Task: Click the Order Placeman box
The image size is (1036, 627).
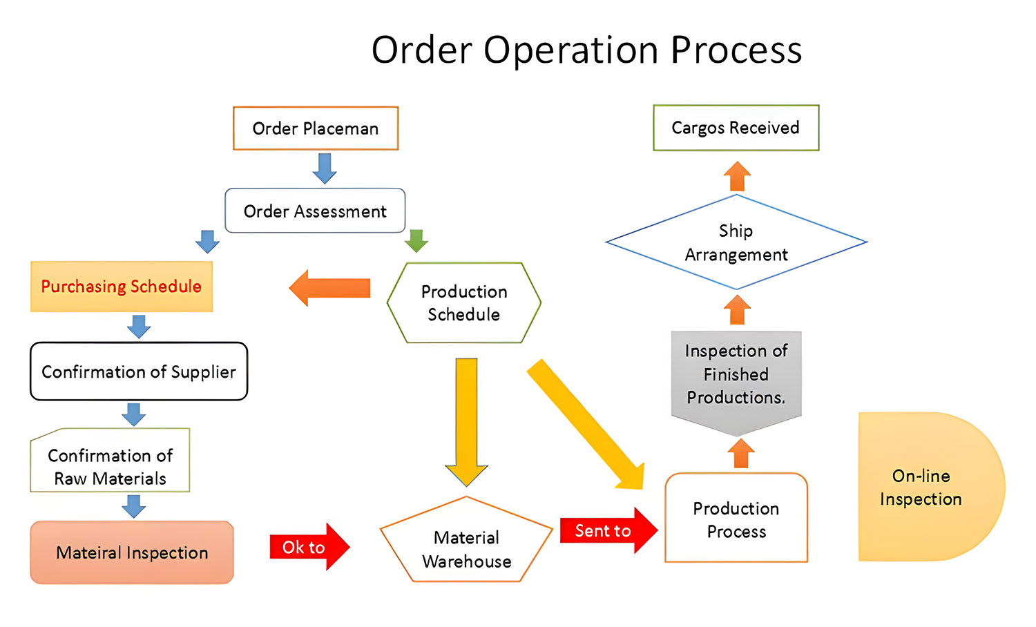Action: tap(316, 128)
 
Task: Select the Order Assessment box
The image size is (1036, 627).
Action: tap(315, 211)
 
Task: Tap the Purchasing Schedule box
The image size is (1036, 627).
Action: tap(122, 287)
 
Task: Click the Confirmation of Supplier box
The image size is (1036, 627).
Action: tap(139, 372)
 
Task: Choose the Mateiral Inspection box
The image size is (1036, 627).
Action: tap(132, 552)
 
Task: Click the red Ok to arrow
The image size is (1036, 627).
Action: tap(309, 547)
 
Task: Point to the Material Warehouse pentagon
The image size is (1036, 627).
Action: tap(466, 546)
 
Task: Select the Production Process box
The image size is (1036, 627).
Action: tap(736, 519)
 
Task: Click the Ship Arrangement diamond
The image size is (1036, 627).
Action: tap(736, 242)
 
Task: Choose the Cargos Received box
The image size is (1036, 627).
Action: tap(736, 128)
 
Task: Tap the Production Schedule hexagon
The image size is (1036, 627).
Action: tap(464, 302)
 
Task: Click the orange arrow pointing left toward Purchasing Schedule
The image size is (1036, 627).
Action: tap(330, 288)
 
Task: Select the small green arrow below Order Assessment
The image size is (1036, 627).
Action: tap(416, 241)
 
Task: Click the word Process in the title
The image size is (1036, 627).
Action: tap(736, 50)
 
